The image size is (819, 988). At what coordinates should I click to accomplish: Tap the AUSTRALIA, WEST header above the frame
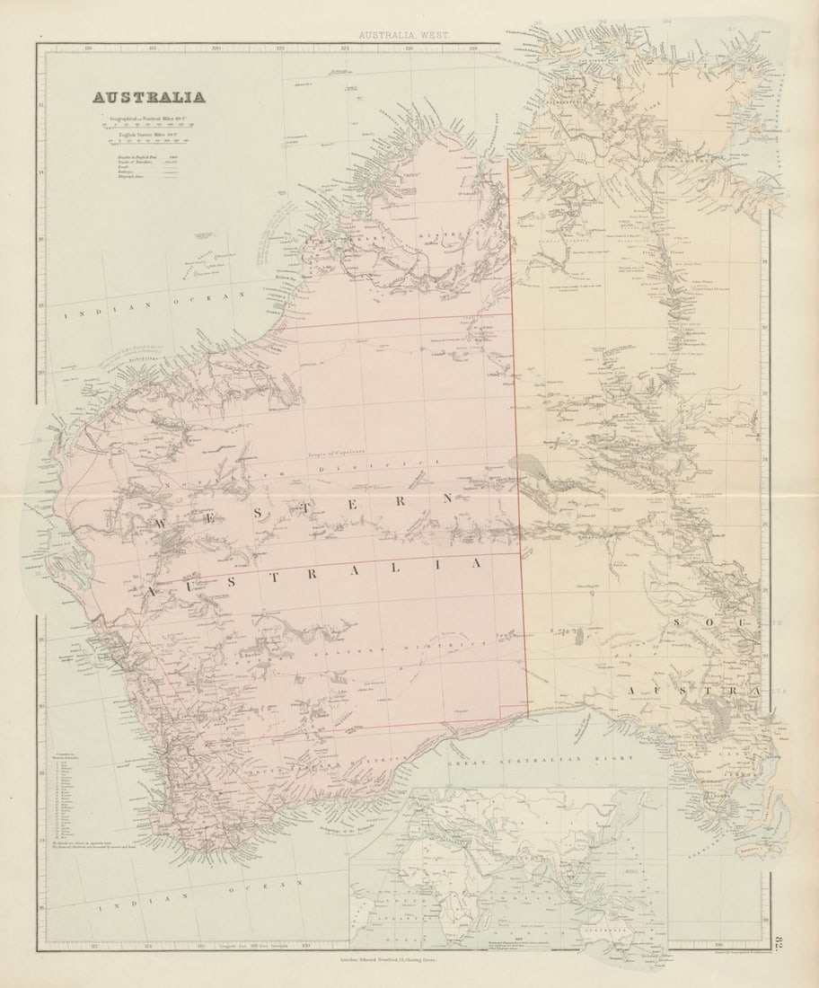[x=404, y=35]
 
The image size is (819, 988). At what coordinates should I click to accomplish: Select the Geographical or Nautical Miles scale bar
[x=149, y=125]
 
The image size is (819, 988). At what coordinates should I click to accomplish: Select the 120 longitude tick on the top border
[x=216, y=49]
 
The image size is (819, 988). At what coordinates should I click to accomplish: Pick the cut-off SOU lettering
[x=718, y=622]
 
